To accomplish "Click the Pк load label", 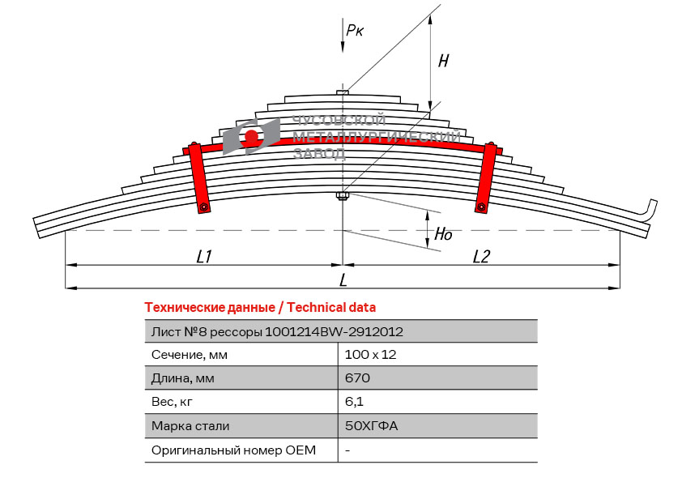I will click(x=355, y=30).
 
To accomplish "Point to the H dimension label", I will click(x=443, y=61).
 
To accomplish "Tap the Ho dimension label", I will click(x=444, y=234).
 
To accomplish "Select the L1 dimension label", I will click(x=204, y=256).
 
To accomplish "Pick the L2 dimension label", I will click(x=481, y=256).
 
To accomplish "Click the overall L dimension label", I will click(x=343, y=280).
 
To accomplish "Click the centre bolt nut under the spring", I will click(x=343, y=196).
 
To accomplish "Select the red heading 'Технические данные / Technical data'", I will click(x=260, y=308).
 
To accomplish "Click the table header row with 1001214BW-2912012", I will click(x=340, y=331).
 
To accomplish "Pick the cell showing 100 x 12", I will click(x=370, y=355).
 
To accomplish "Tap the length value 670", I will click(x=357, y=378).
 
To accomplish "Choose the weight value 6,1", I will click(x=353, y=402).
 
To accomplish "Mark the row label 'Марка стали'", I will click(x=190, y=425).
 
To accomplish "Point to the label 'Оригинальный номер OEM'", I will click(x=233, y=450).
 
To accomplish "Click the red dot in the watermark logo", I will click(x=252, y=135).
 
